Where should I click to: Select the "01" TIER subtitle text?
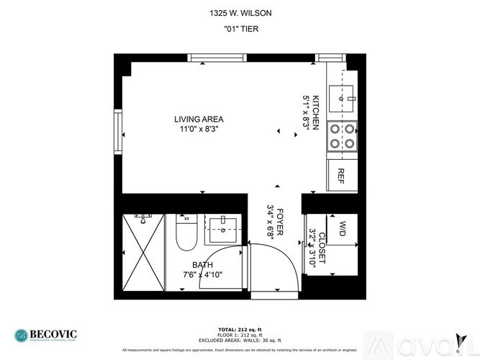(240, 30)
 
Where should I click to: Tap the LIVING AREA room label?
(199, 119)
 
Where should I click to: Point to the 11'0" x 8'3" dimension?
(199, 129)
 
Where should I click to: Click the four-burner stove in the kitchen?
(342, 136)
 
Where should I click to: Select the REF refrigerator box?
(342, 175)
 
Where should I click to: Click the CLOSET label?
(322, 248)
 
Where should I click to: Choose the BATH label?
(202, 265)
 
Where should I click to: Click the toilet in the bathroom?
(184, 232)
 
